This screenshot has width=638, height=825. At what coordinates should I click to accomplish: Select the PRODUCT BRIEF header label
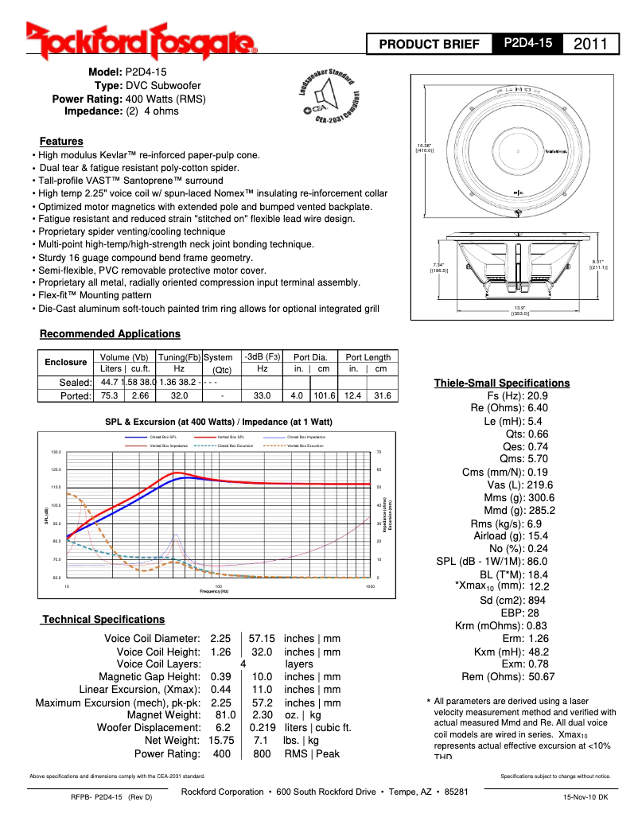tap(429, 45)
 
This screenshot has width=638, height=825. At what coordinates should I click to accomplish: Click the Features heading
tap(61, 141)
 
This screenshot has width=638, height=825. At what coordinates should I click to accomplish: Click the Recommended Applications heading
tap(110, 334)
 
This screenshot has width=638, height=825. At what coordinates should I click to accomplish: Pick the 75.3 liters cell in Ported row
tap(109, 395)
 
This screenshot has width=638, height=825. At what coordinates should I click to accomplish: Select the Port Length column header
tap(368, 357)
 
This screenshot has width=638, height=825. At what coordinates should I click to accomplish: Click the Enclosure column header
tap(65, 362)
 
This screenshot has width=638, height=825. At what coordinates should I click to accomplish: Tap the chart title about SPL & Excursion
tap(219, 422)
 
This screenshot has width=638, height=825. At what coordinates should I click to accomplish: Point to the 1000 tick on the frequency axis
tap(370, 586)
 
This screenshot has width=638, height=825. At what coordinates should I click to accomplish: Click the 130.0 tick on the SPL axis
tap(56, 453)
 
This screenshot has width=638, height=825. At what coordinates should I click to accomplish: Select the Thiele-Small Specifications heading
tap(501, 383)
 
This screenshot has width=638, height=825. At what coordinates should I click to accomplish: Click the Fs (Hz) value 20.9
tap(538, 395)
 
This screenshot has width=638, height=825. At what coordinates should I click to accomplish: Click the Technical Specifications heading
tap(103, 619)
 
